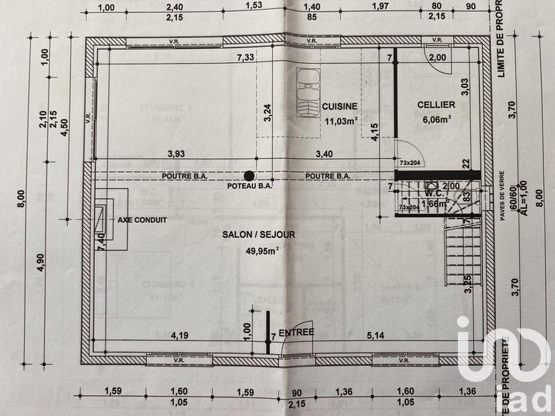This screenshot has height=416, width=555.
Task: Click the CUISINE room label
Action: pos(340,106)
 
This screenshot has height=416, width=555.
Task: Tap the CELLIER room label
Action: pos(436,105)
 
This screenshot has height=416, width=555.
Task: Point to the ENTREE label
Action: pos(296,332)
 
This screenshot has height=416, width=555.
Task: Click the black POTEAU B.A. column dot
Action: pos(248,175)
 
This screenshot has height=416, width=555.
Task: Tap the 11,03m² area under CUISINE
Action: pos(341,121)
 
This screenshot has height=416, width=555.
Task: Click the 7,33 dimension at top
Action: pos(244,58)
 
